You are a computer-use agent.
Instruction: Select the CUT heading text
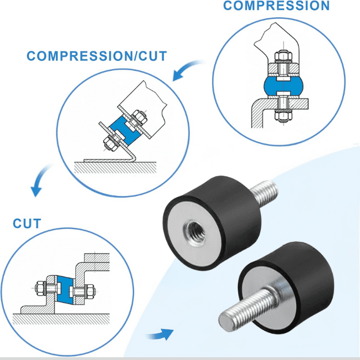[x=27, y=224]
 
